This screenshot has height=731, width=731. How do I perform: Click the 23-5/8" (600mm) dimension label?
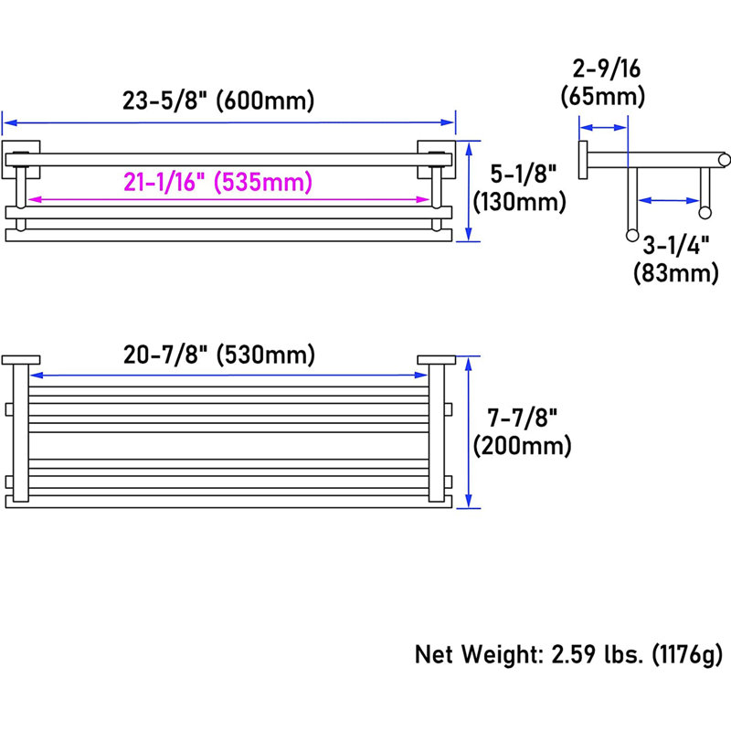point(218,101)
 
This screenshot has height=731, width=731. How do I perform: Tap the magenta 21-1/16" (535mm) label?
point(217,182)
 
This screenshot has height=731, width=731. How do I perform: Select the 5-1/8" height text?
point(523,174)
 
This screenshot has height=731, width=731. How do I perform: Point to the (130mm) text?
point(519,202)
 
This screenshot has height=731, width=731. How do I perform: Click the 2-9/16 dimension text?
point(606,69)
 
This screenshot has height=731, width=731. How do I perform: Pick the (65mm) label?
point(603,97)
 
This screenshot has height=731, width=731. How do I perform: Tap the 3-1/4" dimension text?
point(676,245)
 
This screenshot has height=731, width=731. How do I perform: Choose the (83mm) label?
point(675,272)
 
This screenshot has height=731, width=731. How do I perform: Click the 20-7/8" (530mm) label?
point(219,355)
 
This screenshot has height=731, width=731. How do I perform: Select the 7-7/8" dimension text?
point(522,418)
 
